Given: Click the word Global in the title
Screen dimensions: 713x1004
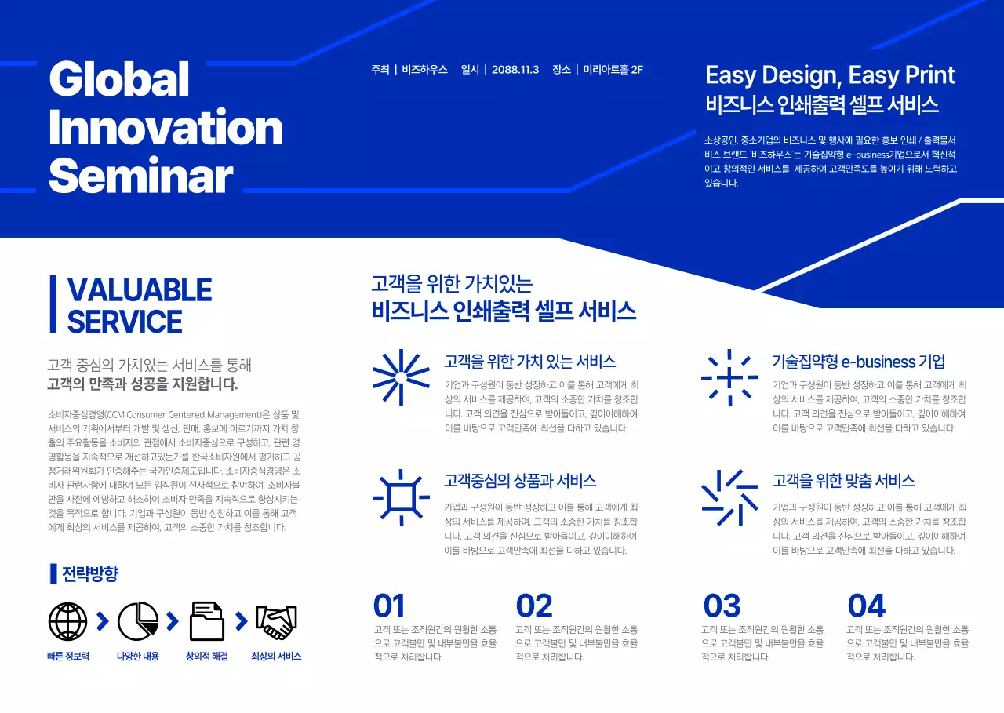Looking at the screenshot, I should tap(119, 79).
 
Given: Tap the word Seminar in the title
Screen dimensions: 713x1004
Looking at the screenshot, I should tap(141, 176).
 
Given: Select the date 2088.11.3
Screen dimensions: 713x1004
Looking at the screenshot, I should tap(515, 70).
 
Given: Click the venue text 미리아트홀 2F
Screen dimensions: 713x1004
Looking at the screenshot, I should tap(613, 70).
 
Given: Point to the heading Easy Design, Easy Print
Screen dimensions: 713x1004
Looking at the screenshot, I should tap(830, 75).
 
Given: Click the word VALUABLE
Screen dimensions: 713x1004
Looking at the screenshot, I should tap(140, 290).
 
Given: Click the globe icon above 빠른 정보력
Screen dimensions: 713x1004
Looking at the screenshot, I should tap(68, 622).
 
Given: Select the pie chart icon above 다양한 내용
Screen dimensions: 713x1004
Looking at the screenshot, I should tap(138, 622).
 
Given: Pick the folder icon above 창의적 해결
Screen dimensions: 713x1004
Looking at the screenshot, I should tap(207, 622).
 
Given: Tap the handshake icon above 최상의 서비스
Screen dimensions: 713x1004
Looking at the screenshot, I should tap(276, 622).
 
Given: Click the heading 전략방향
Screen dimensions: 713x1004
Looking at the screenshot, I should tap(89, 574).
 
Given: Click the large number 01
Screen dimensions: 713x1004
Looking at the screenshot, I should tap(389, 606).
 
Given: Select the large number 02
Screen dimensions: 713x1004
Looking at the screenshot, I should tap(534, 606).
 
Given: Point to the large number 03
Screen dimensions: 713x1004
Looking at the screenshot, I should tap(722, 606).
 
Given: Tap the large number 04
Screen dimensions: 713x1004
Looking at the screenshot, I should tap(867, 606).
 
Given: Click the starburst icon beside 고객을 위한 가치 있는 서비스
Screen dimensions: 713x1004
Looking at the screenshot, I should tap(401, 377).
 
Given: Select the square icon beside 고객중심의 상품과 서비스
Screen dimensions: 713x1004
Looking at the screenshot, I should tap(401, 497).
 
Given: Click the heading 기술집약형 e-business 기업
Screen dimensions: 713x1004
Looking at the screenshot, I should tap(858, 362).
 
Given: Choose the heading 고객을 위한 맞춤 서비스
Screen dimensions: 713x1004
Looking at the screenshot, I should tap(843, 481).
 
